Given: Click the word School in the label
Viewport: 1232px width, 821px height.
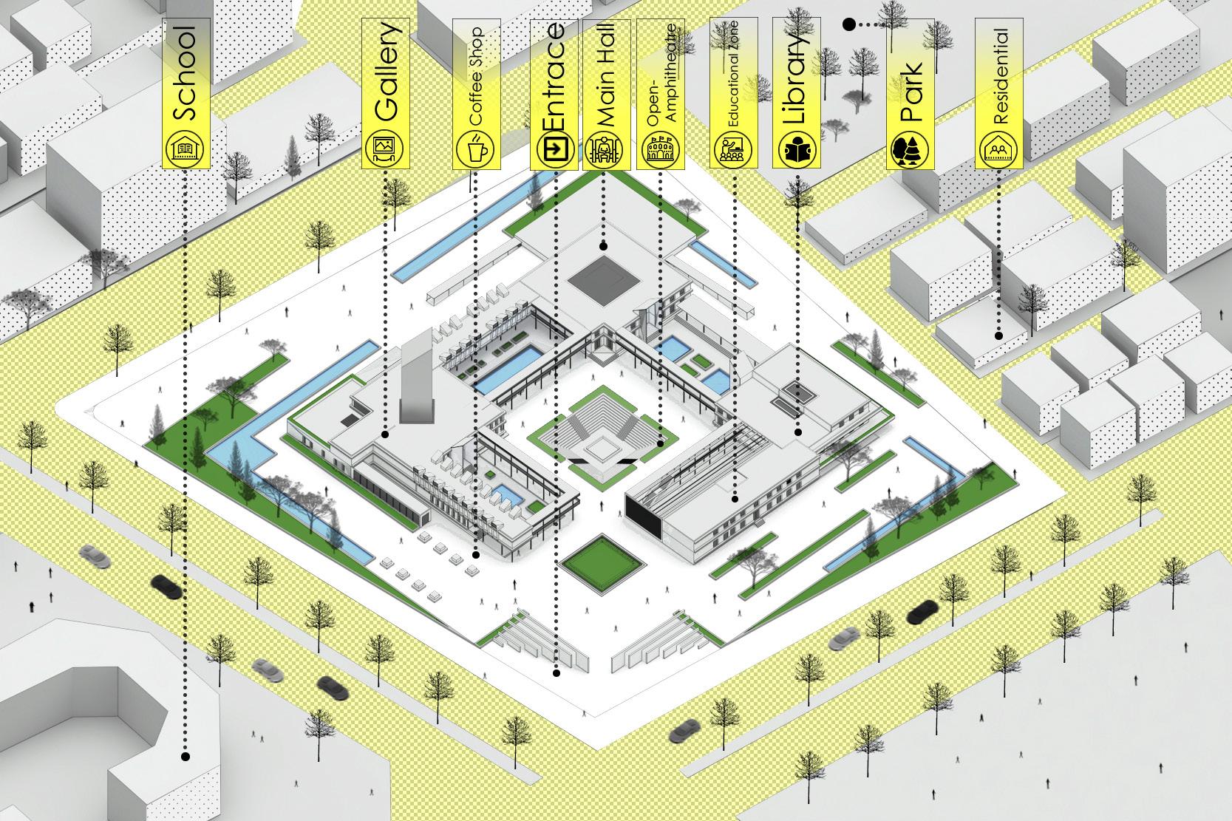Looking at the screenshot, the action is [x=185, y=74].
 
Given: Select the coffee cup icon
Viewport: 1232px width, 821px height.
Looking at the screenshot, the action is [x=476, y=149].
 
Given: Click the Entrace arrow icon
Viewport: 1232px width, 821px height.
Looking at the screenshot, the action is [x=554, y=149].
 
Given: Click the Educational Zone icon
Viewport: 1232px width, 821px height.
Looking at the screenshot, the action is [x=732, y=149].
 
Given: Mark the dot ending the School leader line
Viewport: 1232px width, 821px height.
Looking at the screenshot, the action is [x=186, y=756].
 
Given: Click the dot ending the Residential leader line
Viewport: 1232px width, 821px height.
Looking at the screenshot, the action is [x=998, y=335].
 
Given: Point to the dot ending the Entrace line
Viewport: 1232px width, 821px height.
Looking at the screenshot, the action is [x=556, y=673].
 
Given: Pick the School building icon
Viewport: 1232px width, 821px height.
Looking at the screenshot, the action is [x=185, y=149].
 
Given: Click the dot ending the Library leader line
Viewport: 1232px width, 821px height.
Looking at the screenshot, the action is [x=798, y=432].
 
